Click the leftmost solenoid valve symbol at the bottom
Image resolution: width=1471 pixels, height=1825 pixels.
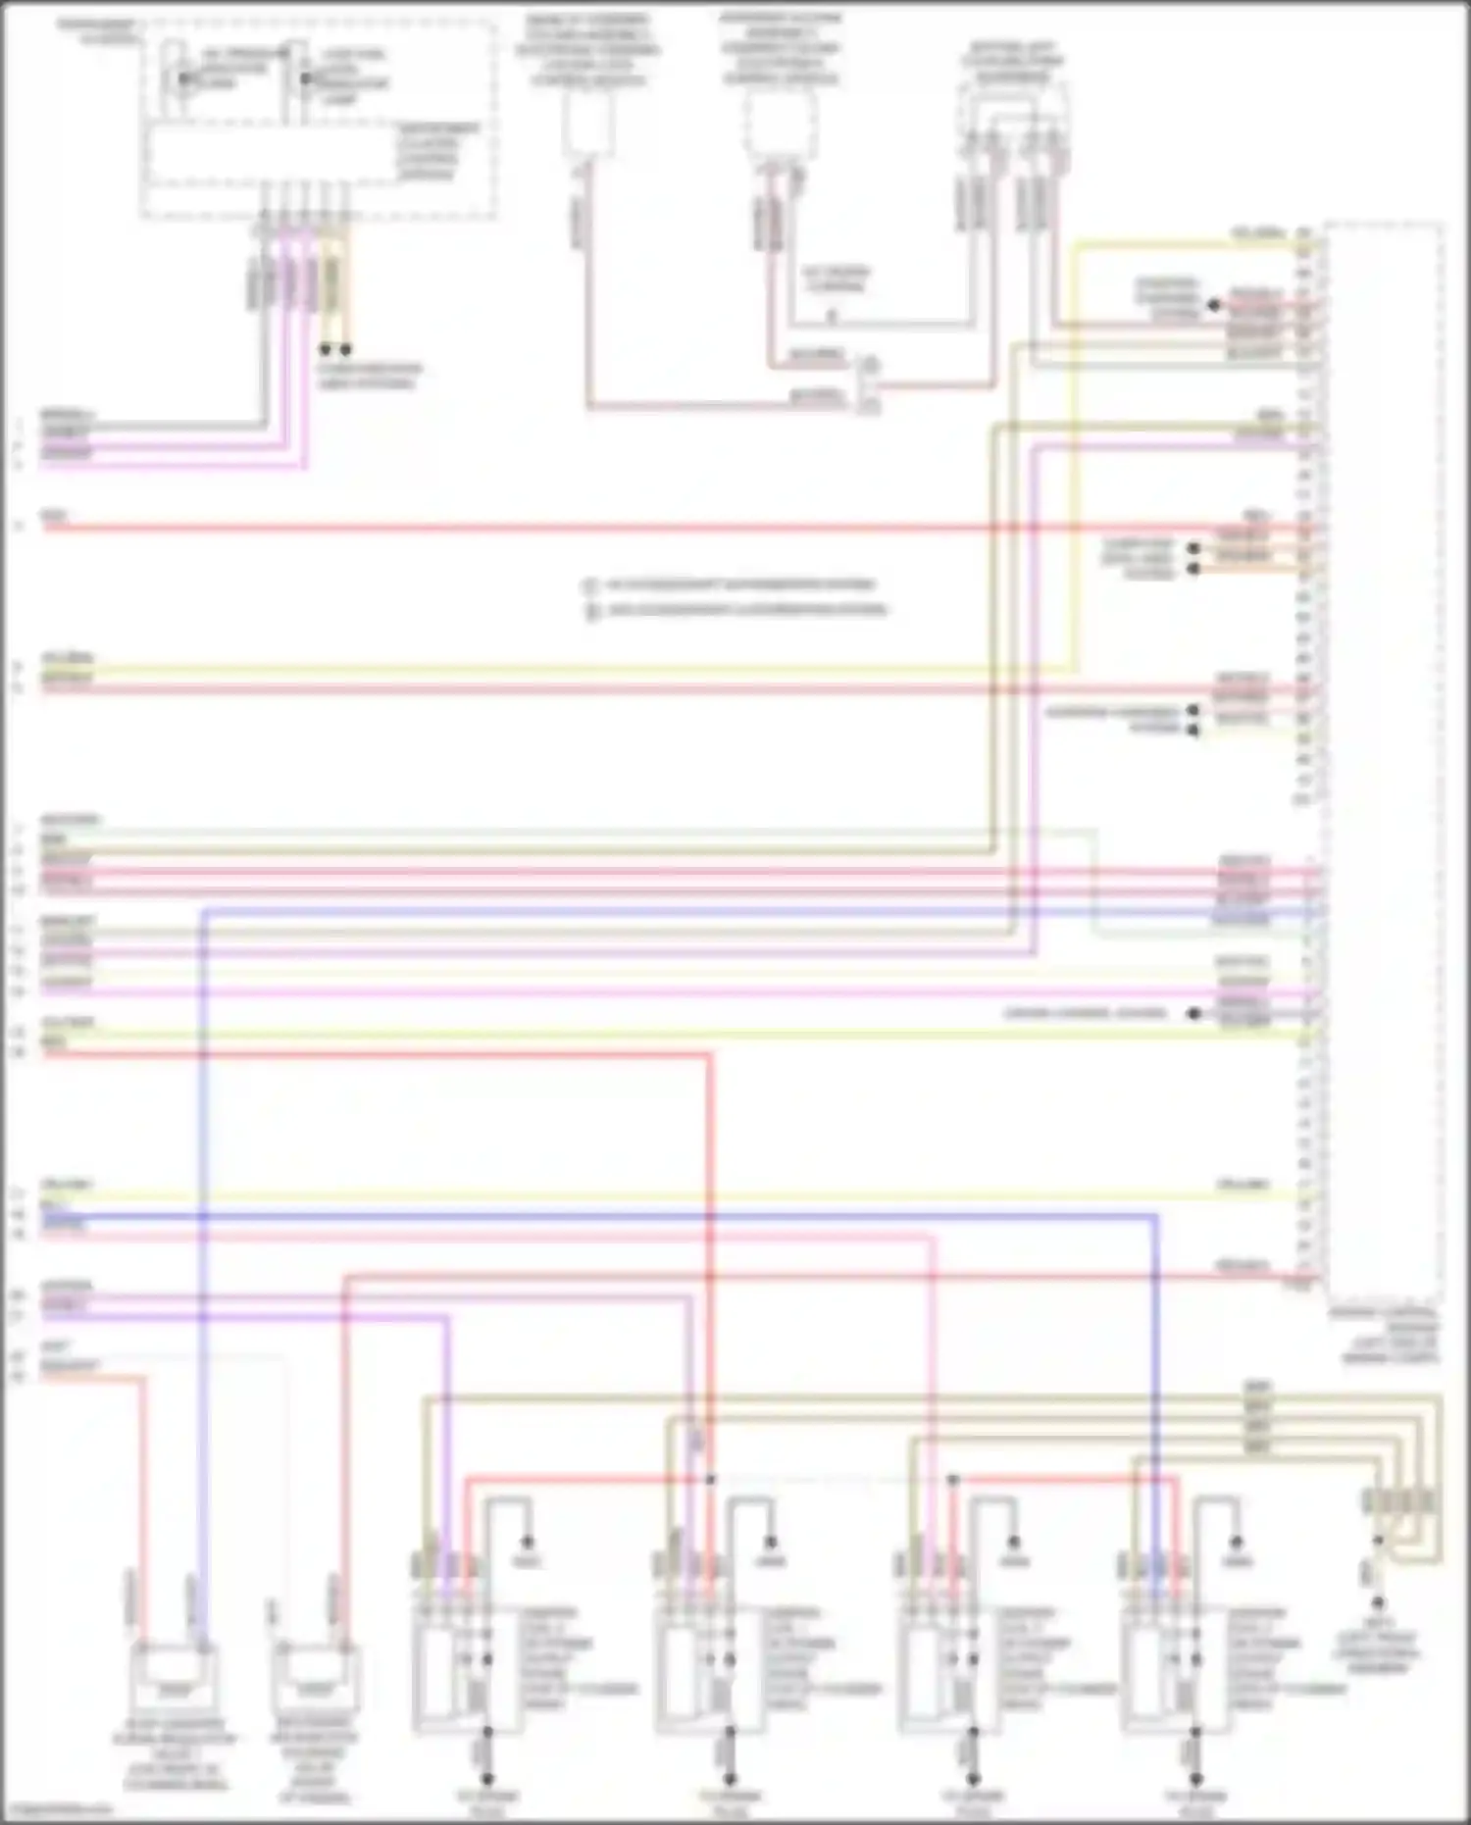click(x=174, y=1675)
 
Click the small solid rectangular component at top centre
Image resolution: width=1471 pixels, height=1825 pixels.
click(x=588, y=125)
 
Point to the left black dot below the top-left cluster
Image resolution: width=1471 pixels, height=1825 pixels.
click(x=326, y=349)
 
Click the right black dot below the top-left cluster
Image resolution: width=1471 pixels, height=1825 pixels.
click(x=345, y=349)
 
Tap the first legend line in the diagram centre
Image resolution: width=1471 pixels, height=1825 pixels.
click(x=735, y=585)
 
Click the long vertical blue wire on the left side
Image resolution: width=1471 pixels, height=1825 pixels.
click(x=203, y=1275)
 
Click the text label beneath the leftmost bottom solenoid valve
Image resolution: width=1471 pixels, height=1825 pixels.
click(x=174, y=1755)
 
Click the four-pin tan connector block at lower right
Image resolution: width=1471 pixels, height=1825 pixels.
click(x=1400, y=1500)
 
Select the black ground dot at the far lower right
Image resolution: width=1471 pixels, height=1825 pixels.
click(x=1377, y=1604)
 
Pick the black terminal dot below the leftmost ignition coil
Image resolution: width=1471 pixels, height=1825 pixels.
click(x=486, y=1779)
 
